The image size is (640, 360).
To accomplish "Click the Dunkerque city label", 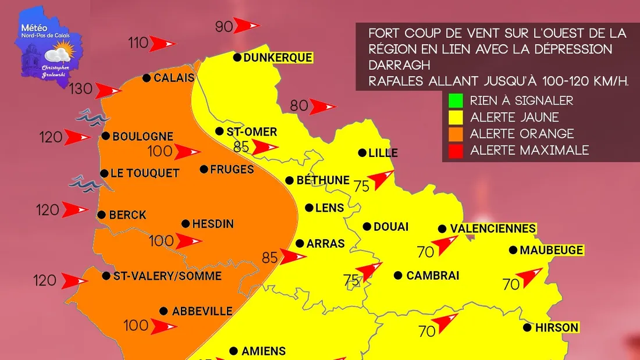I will (278, 58).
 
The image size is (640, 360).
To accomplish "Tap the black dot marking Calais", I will (147, 78).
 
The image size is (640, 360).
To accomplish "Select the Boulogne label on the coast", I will (143, 137).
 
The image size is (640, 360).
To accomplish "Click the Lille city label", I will (383, 153).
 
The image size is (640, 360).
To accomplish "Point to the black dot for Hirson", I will (527, 327).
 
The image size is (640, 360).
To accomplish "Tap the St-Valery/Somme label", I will (168, 276).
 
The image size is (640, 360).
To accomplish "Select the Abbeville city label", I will (202, 311).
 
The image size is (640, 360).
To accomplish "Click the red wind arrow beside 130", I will (109, 91).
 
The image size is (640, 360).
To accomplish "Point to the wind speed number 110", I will (138, 42).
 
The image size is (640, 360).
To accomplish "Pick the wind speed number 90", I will (224, 26).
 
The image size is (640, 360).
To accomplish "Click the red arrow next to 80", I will (322, 107).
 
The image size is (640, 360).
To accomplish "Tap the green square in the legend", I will (456, 100).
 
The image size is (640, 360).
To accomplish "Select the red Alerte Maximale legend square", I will (456, 150).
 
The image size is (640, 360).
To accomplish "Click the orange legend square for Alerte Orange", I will (456, 134).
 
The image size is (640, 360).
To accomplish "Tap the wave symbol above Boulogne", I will (93, 116).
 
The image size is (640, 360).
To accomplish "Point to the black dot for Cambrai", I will (399, 276).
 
